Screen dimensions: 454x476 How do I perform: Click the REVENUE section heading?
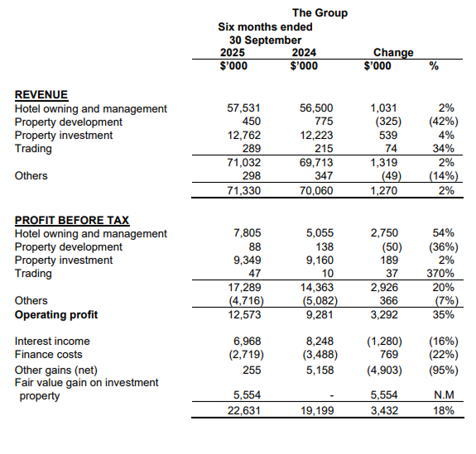click(41, 95)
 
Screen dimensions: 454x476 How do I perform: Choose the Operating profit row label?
click(56, 314)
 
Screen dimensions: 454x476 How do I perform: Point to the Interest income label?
click(52, 341)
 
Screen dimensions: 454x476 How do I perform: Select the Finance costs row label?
click(50, 354)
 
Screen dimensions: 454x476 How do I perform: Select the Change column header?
click(393, 53)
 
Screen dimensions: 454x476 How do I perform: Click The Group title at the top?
click(320, 12)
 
